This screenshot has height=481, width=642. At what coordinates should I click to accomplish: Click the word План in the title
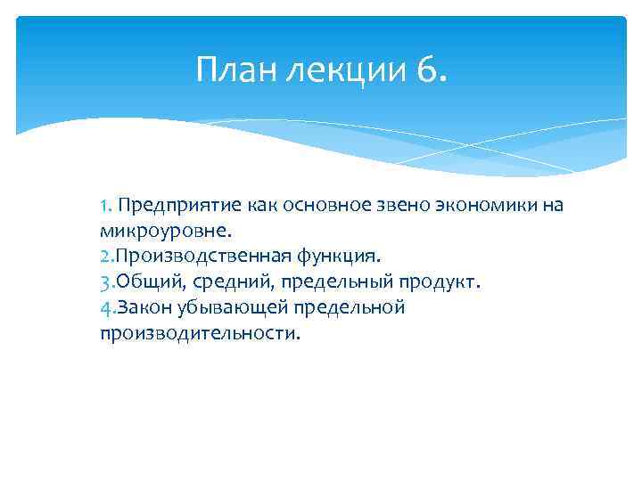235,69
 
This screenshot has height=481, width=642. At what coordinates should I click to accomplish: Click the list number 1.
105,206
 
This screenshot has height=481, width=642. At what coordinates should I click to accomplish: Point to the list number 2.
105,257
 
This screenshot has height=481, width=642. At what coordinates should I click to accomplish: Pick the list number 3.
105,282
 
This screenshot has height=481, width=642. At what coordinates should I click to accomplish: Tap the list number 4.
105,308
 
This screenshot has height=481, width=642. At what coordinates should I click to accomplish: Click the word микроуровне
165,232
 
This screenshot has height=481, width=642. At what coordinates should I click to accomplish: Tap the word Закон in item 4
140,308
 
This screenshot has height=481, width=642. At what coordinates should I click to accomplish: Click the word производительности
201,334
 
